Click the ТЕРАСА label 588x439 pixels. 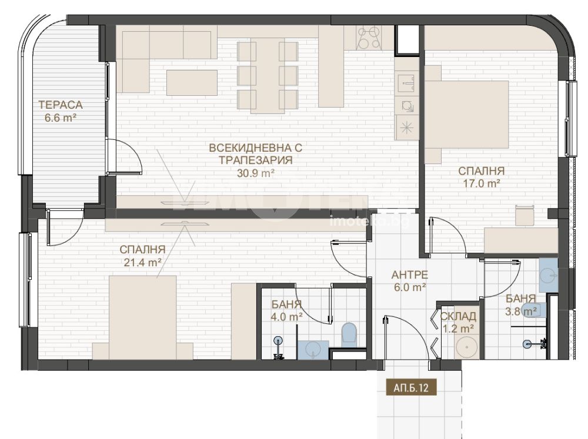[x=61, y=105]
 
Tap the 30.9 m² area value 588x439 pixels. [x=255, y=173]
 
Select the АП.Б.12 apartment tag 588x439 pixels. [x=411, y=387]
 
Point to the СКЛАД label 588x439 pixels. [x=458, y=316]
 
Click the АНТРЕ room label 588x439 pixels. [x=409, y=275]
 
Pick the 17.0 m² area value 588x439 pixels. [x=481, y=184]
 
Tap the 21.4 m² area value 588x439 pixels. [x=142, y=263]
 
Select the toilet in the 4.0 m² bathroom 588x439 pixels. [x=350, y=333]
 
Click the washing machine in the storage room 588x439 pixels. [x=467, y=347]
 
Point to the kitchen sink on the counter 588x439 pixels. [x=407, y=82]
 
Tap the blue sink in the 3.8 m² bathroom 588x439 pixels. [x=549, y=275]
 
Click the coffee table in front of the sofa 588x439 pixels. [x=192, y=82]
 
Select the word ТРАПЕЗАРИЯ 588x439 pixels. [x=255, y=160]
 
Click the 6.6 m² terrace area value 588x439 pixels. [x=61, y=118]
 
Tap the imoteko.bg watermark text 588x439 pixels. [x=369, y=222]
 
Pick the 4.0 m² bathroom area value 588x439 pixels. [x=287, y=317]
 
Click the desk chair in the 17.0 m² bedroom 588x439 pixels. [x=524, y=215]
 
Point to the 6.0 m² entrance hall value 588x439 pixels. [x=409, y=287]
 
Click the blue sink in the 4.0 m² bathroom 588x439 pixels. [x=313, y=350]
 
